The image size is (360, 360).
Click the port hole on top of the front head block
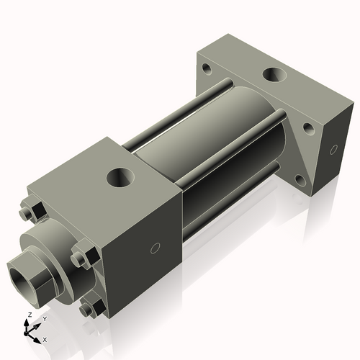pyautogui.click(x=119, y=176)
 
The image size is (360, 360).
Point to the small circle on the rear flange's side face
pyautogui.click(x=333, y=150)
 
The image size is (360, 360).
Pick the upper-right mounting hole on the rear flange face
pyautogui.click(x=308, y=128)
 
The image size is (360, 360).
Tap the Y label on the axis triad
pyautogui.click(x=44, y=318)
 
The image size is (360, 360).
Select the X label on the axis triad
pyautogui.click(x=45, y=338)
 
